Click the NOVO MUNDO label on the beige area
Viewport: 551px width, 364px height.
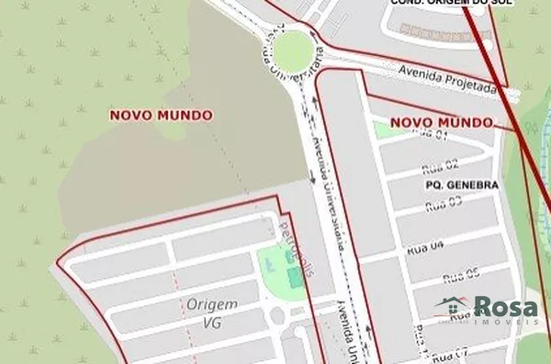161,115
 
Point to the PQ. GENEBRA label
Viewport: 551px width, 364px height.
462,185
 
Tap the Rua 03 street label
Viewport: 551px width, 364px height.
444,204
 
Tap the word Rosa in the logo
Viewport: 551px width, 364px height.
504,306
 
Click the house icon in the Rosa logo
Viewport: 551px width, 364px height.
453,307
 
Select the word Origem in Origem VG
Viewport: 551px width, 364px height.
210,304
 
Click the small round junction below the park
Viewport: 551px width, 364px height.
275,316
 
